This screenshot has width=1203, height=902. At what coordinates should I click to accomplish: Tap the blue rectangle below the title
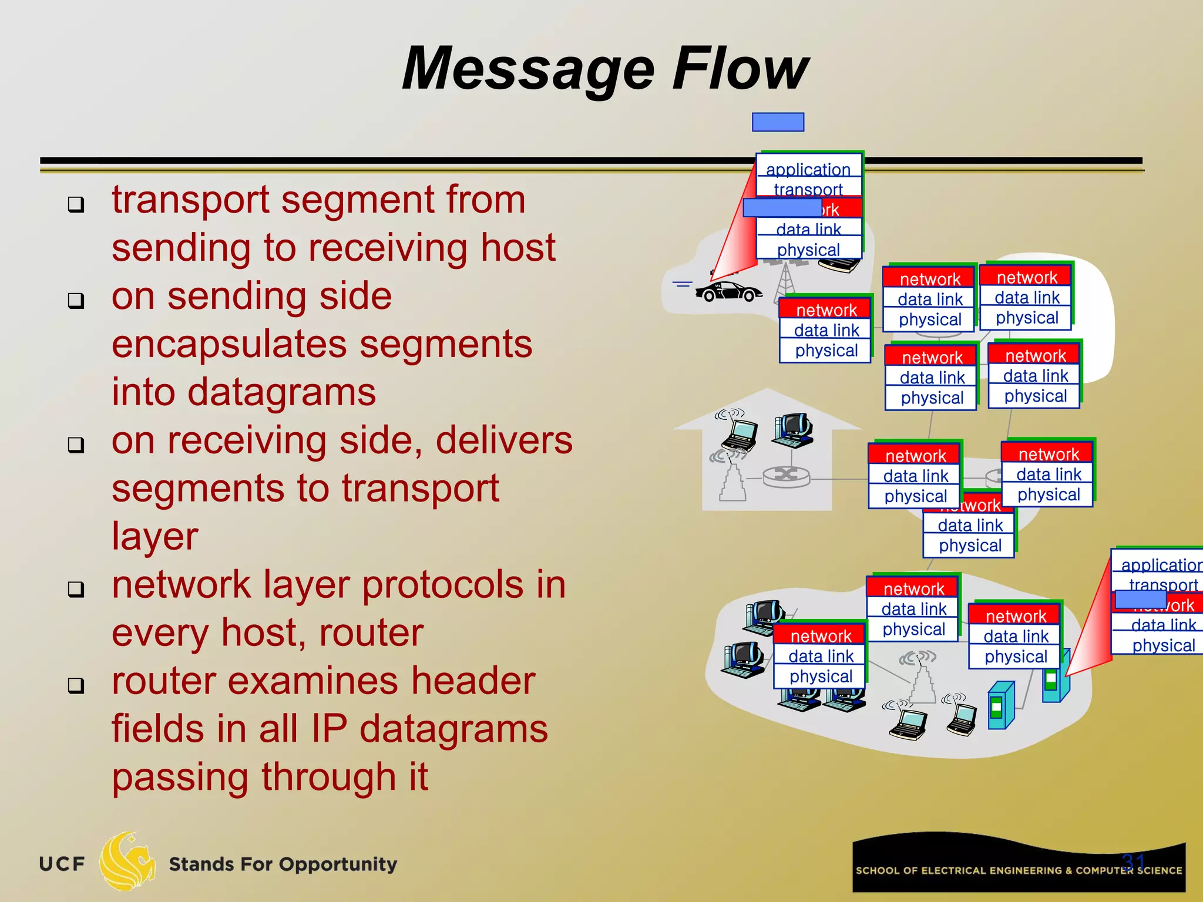point(778,122)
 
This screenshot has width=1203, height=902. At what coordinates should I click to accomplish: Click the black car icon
point(728,291)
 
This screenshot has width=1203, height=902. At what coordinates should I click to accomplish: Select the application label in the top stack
point(808,169)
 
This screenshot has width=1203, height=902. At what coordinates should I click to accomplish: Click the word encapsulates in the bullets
point(321,344)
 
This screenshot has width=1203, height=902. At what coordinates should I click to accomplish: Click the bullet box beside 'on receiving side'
point(76,445)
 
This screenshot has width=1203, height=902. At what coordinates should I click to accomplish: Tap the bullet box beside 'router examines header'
point(76,685)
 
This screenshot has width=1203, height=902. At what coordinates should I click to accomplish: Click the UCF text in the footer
point(62,864)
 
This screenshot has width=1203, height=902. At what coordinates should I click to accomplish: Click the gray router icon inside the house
point(786,476)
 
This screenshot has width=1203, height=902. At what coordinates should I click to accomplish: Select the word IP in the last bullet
point(330,729)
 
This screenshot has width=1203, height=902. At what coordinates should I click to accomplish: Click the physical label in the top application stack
point(808,250)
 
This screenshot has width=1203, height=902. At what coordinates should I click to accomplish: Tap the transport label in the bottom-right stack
point(1162,584)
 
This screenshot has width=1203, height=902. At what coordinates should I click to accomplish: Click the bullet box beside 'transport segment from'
point(76,204)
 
